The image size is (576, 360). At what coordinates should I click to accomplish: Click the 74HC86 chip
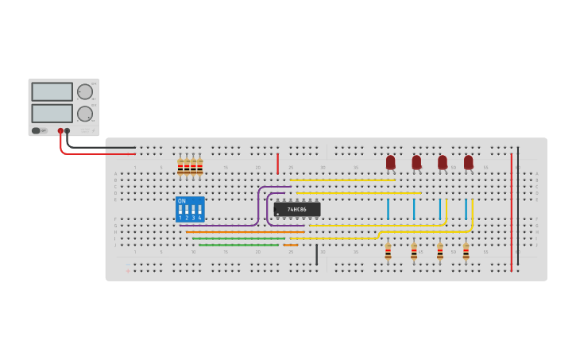point(297,209)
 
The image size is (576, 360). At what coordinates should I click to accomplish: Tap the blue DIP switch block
point(190,209)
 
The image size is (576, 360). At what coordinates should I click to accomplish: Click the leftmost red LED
point(390,162)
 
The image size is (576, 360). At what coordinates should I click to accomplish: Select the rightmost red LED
point(468,162)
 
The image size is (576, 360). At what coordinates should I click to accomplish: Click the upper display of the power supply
point(52,91)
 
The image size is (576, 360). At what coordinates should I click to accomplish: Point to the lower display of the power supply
point(52,113)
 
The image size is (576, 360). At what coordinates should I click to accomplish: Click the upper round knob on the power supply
point(84,91)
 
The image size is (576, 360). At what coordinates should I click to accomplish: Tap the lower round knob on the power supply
point(84,113)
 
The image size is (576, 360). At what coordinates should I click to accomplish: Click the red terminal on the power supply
point(60,131)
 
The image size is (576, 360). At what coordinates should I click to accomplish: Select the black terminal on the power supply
point(68,131)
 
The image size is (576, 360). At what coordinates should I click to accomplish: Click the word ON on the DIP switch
point(182,201)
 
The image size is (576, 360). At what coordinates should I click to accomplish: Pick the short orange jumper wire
point(291,245)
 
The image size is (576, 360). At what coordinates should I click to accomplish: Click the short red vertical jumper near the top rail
point(277,164)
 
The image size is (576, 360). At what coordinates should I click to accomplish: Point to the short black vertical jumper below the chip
point(316,254)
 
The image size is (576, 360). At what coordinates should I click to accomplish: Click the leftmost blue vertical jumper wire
point(388,209)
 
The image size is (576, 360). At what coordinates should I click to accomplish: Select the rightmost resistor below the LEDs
point(466,252)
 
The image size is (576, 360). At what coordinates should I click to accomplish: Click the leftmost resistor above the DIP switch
point(180,166)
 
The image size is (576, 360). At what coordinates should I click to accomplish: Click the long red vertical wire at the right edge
point(512,211)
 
